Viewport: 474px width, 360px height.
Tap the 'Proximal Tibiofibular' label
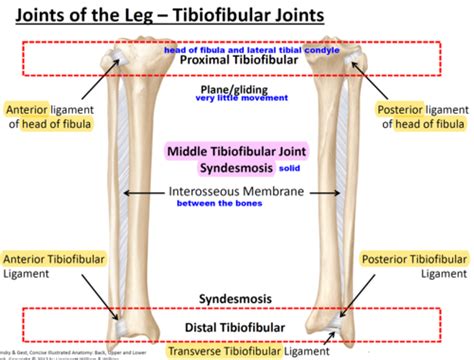[x=236, y=62]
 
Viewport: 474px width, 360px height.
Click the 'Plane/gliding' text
[x=236, y=89]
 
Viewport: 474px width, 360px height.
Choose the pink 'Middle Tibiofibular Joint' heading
[x=236, y=149]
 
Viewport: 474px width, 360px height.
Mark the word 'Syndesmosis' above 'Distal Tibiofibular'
[x=236, y=300]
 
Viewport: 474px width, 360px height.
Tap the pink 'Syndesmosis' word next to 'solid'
[x=237, y=166]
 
